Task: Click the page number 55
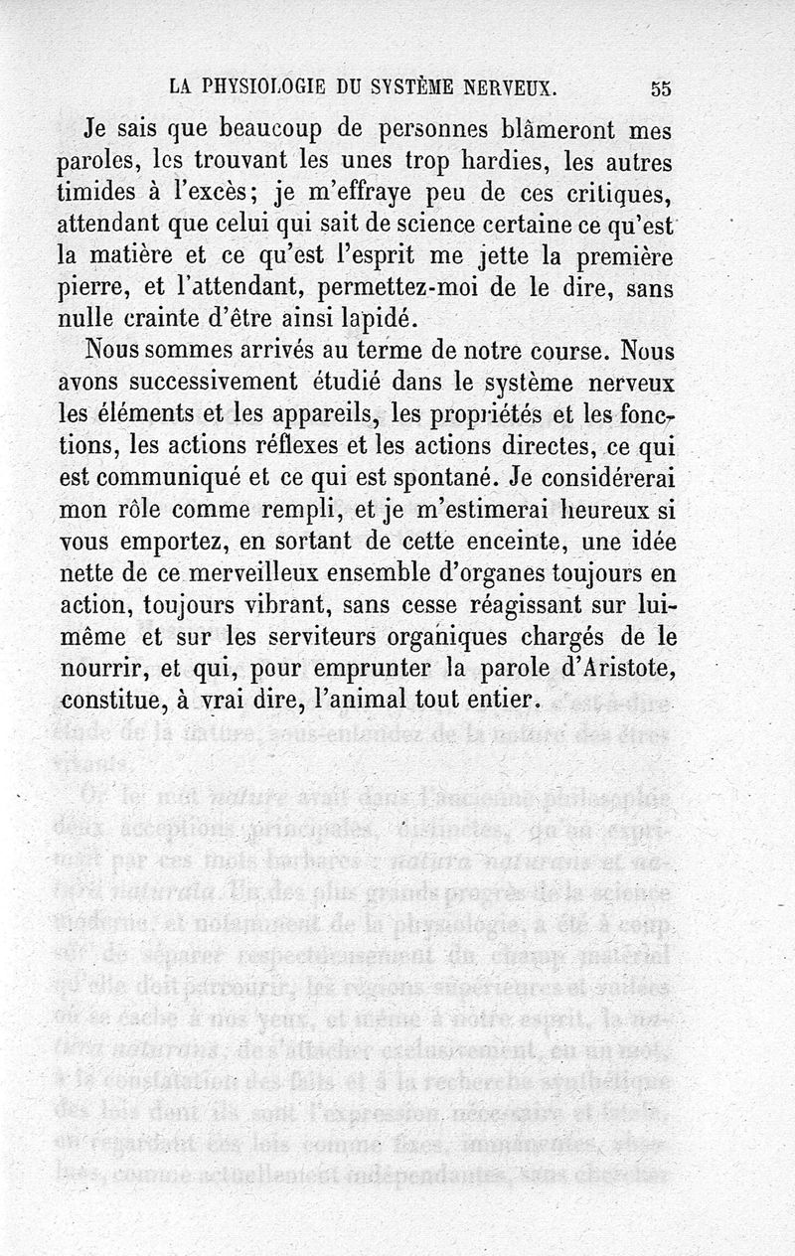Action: [x=661, y=87]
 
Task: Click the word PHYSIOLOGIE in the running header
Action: [x=265, y=86]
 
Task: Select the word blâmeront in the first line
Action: [x=566, y=129]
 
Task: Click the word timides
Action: [x=99, y=193]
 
